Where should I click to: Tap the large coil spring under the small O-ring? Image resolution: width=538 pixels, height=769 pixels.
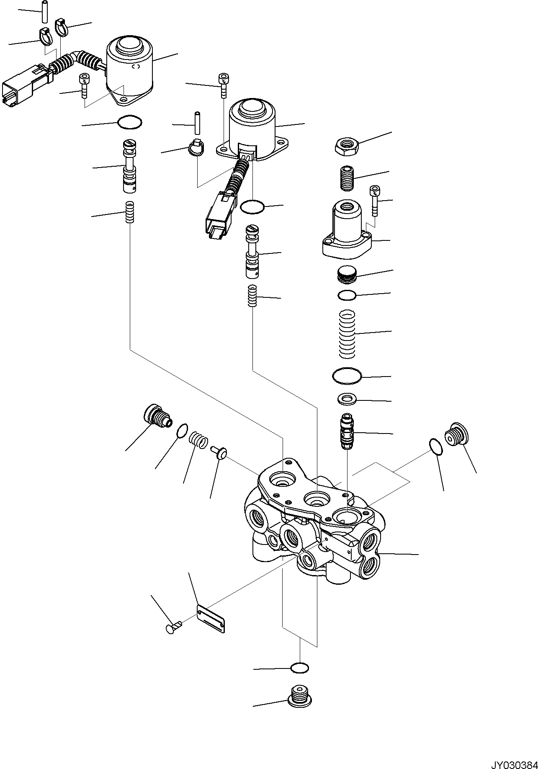(347, 334)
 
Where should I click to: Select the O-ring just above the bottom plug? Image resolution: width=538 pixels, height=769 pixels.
(300, 668)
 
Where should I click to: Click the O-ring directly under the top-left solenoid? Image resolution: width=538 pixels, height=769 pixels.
(130, 123)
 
